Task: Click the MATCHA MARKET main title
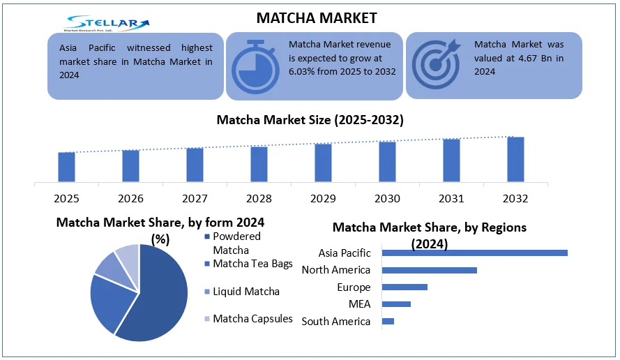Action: point(317,17)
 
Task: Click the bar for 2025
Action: point(66,167)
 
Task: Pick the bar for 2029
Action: point(323,163)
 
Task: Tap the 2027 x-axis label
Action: point(195,199)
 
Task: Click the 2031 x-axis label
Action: point(451,199)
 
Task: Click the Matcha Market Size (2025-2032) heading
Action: point(310,120)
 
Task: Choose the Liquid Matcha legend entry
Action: point(245,292)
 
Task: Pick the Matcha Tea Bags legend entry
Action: point(252,264)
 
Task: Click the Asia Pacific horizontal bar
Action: point(475,253)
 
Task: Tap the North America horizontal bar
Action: point(430,270)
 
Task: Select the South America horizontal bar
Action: point(388,321)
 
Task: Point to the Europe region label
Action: point(354,287)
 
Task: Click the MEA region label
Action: point(359,304)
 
